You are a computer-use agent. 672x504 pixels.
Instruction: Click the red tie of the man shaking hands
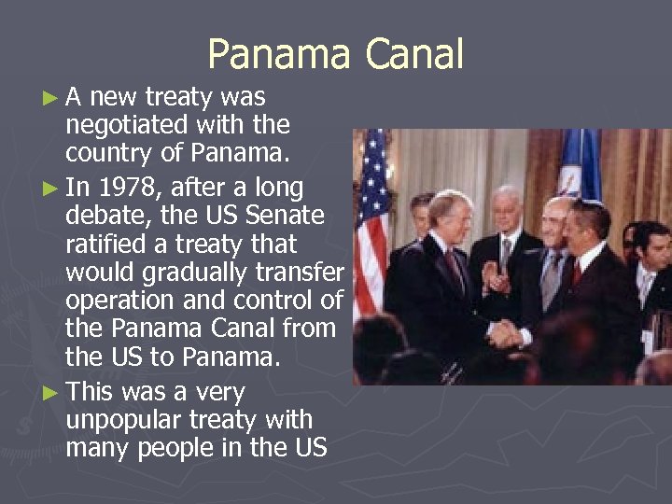(x=576, y=273)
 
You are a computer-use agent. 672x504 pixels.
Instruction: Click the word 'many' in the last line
(x=99, y=448)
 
